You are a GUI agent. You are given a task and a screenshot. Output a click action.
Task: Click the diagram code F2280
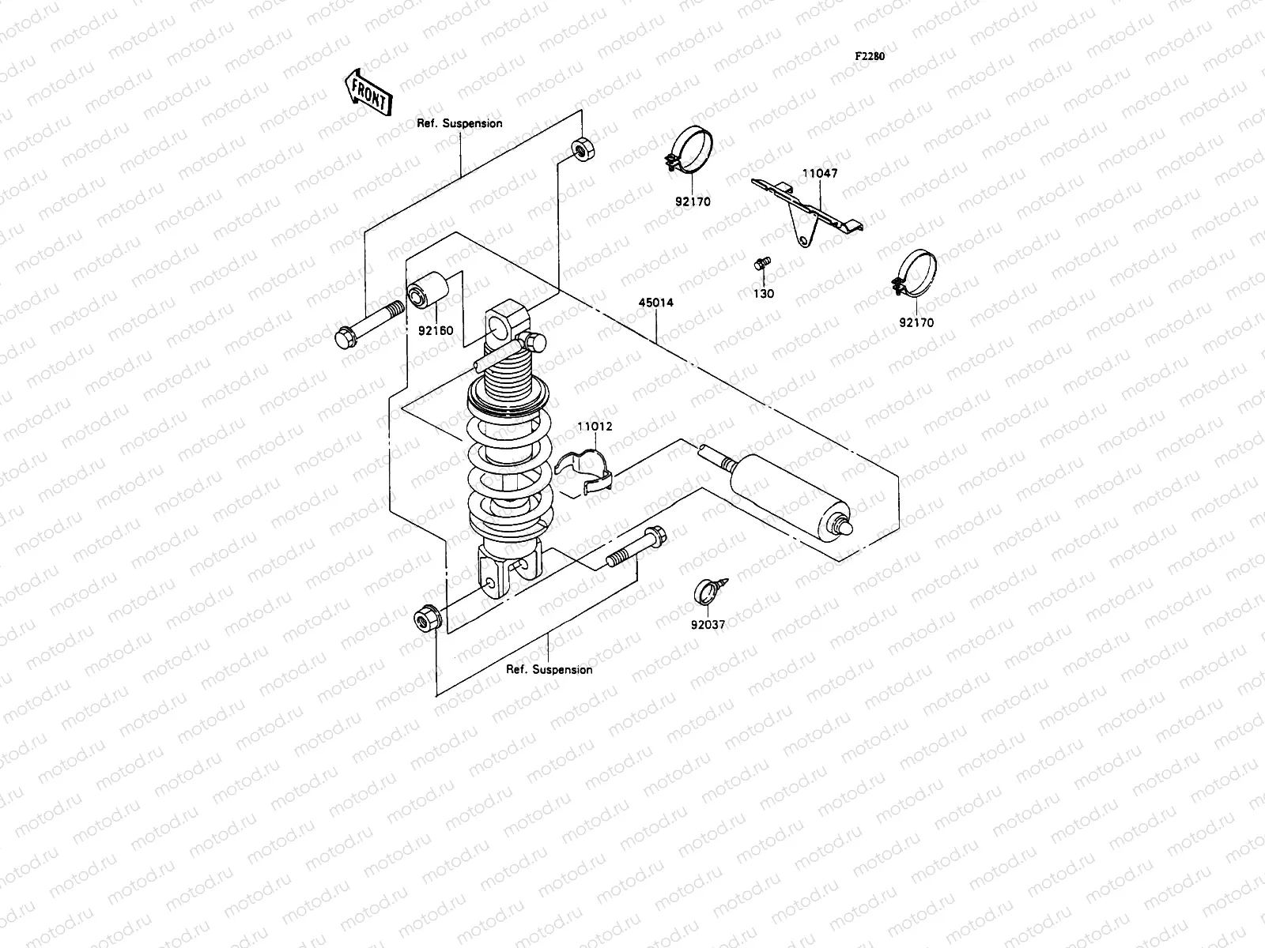pos(869,57)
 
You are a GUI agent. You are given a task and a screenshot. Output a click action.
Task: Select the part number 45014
pos(657,303)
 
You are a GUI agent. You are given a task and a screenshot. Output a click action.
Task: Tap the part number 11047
pos(820,173)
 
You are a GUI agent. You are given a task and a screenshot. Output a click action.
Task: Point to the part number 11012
pos(594,427)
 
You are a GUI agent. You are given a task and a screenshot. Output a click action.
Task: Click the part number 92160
pos(436,330)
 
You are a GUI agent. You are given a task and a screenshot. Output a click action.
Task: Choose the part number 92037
pos(708,624)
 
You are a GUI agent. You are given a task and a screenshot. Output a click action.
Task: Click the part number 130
pos(764,294)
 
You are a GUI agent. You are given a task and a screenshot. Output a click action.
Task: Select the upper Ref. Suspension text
pos(459,123)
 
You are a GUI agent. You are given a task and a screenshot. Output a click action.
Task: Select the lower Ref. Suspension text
pos(549,669)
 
